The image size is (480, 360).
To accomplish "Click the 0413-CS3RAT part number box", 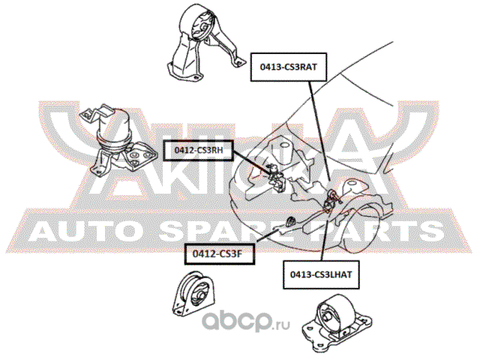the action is [x=289, y=67].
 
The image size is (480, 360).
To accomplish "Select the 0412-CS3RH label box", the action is [x=198, y=150].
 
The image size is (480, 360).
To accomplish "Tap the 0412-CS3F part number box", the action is [x=220, y=253].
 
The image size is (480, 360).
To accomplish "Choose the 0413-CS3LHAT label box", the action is [x=321, y=274].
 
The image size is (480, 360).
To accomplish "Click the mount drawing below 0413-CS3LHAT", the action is [x=337, y=323].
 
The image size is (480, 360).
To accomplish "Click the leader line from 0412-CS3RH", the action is [x=253, y=163].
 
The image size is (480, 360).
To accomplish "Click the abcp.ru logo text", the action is [x=246, y=321].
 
